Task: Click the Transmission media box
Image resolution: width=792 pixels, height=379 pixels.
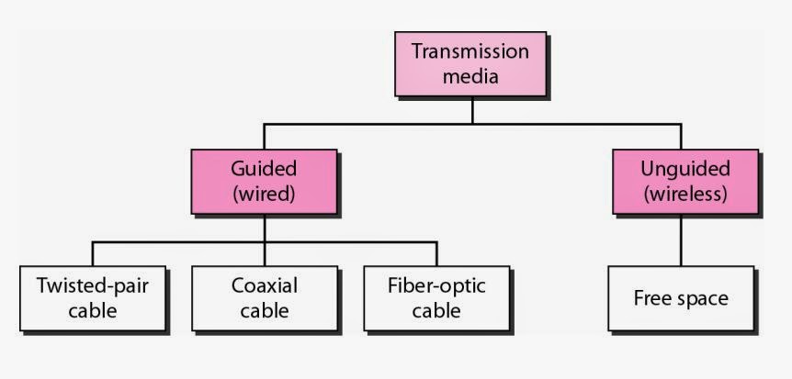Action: click(x=470, y=63)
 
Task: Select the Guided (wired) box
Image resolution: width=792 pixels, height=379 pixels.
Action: click(x=264, y=182)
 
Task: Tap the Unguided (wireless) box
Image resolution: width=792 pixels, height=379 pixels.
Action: click(x=685, y=182)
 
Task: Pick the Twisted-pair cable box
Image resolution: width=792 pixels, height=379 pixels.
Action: click(x=93, y=297)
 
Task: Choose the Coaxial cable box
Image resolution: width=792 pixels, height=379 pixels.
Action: click(x=265, y=297)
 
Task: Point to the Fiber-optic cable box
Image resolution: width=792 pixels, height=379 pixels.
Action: click(x=436, y=297)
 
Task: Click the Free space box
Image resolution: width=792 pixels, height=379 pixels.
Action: click(x=681, y=297)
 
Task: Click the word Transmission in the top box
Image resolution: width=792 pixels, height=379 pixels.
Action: click(x=470, y=51)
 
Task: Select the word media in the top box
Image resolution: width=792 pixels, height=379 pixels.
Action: click(x=470, y=76)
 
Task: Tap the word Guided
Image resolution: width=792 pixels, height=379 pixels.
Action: click(x=264, y=170)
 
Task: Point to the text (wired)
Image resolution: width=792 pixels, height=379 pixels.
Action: click(x=264, y=195)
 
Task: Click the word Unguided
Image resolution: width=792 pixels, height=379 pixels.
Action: click(x=685, y=170)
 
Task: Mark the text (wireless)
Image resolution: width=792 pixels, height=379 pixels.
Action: click(x=685, y=195)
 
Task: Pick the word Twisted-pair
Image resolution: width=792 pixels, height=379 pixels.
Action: click(x=93, y=285)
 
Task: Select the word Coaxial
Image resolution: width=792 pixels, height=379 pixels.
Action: click(x=265, y=285)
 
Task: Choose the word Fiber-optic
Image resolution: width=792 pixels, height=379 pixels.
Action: click(x=436, y=285)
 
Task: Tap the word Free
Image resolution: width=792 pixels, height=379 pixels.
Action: click(x=653, y=298)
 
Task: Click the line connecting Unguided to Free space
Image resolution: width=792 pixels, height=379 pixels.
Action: click(x=681, y=240)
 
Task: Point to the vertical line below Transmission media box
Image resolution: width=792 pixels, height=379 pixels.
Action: click(x=472, y=109)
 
